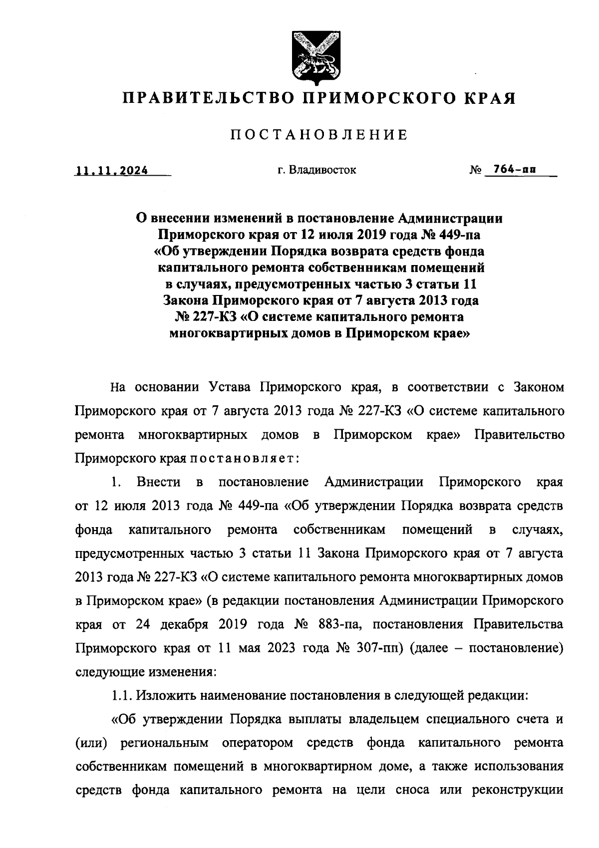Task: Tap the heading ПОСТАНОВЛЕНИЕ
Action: tap(319, 135)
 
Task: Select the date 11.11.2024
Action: tap(111, 170)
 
